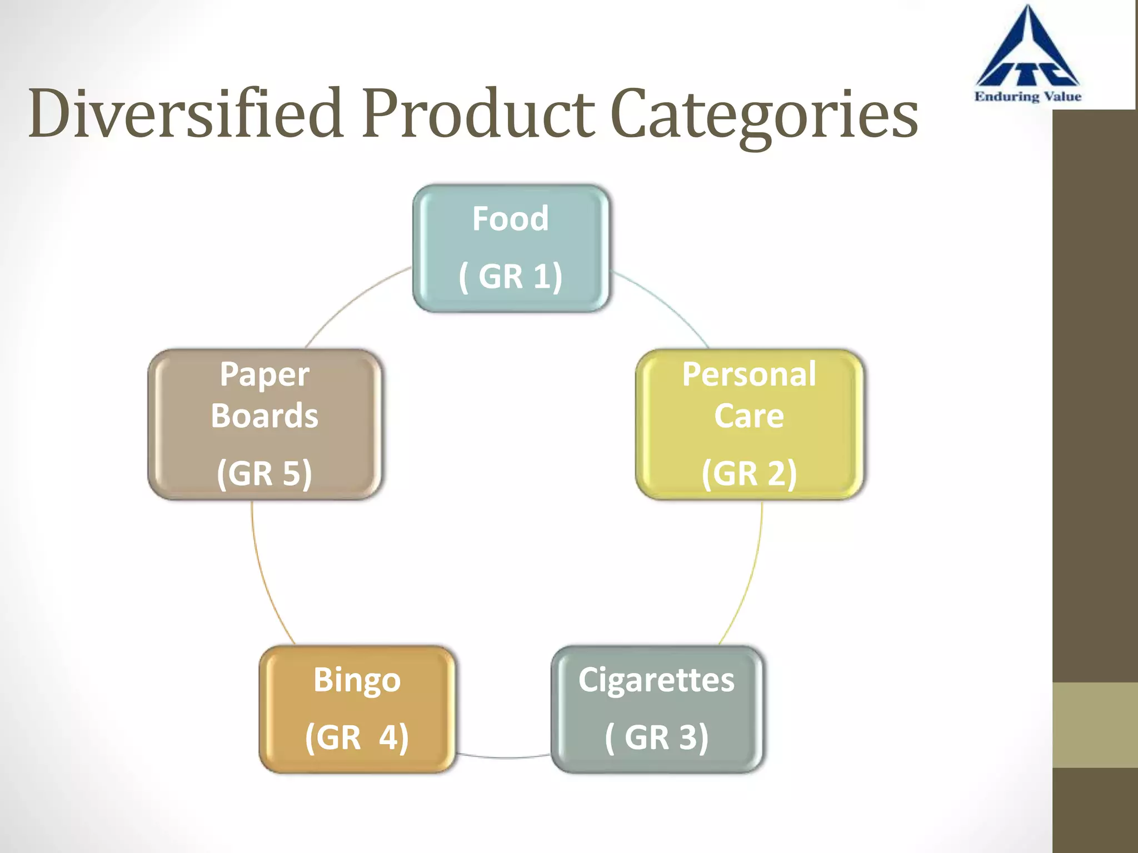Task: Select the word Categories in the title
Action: (x=764, y=117)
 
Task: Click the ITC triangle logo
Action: (x=1028, y=53)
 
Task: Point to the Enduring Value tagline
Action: (x=1028, y=97)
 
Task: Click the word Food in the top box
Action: (x=510, y=218)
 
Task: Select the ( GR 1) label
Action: (x=510, y=276)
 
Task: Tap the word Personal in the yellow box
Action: (x=749, y=374)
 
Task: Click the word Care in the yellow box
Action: (x=749, y=416)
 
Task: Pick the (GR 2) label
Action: (x=749, y=473)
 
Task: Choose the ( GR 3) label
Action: (x=656, y=737)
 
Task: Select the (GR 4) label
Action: (x=357, y=737)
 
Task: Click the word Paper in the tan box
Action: (x=264, y=374)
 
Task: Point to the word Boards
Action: (x=264, y=416)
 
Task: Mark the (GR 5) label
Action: (x=264, y=473)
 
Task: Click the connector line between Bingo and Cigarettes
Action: (x=503, y=757)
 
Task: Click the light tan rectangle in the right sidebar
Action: (x=1095, y=725)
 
